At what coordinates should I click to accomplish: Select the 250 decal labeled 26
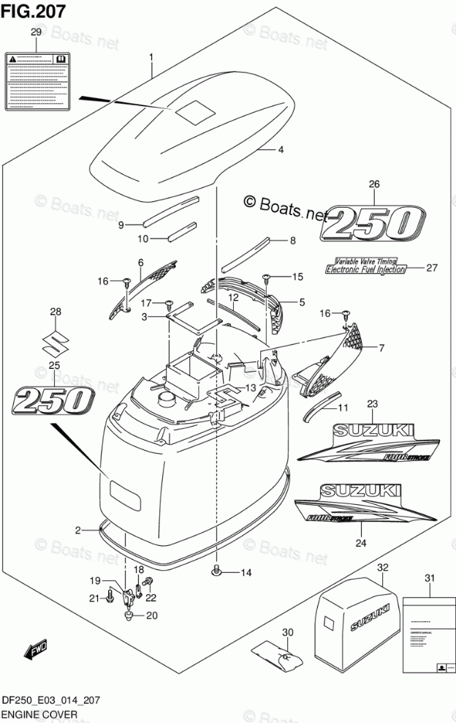(373, 224)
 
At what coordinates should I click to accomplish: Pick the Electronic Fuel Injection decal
(365, 269)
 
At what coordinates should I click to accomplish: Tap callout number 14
(246, 572)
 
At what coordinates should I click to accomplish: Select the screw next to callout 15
(267, 277)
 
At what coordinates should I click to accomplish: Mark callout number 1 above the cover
(151, 57)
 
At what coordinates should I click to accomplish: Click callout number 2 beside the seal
(77, 529)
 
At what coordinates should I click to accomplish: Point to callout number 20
(152, 615)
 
